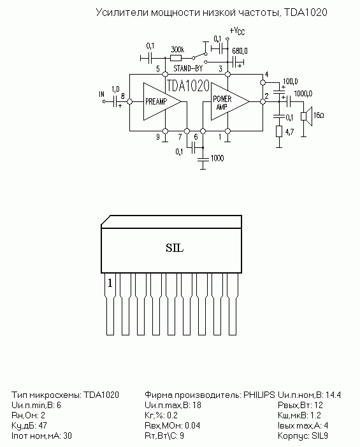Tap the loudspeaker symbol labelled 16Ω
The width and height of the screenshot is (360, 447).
pos(306,116)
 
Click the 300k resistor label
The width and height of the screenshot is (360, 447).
pos(177,50)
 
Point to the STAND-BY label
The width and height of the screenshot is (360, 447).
pos(188,68)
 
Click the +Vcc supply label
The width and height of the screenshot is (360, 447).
pos(237,31)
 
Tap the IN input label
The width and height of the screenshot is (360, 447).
pos(102,94)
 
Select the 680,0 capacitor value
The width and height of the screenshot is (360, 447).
pos(240,51)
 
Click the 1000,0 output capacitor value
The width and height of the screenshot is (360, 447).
pos(303,94)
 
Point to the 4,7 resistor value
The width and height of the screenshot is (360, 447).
pos(289,132)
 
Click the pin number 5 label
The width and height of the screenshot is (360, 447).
pos(158,69)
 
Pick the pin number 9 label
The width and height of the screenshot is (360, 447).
pos(158,137)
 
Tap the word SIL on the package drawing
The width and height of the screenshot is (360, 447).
pos(175,248)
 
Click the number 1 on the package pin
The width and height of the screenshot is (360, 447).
pos(110,283)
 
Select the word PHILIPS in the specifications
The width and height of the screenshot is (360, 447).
pos(259,395)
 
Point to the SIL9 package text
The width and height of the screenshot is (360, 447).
pos(320,436)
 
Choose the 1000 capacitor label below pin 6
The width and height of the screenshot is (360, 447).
pos(217,158)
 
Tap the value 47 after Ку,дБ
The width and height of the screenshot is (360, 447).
pos(43,425)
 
